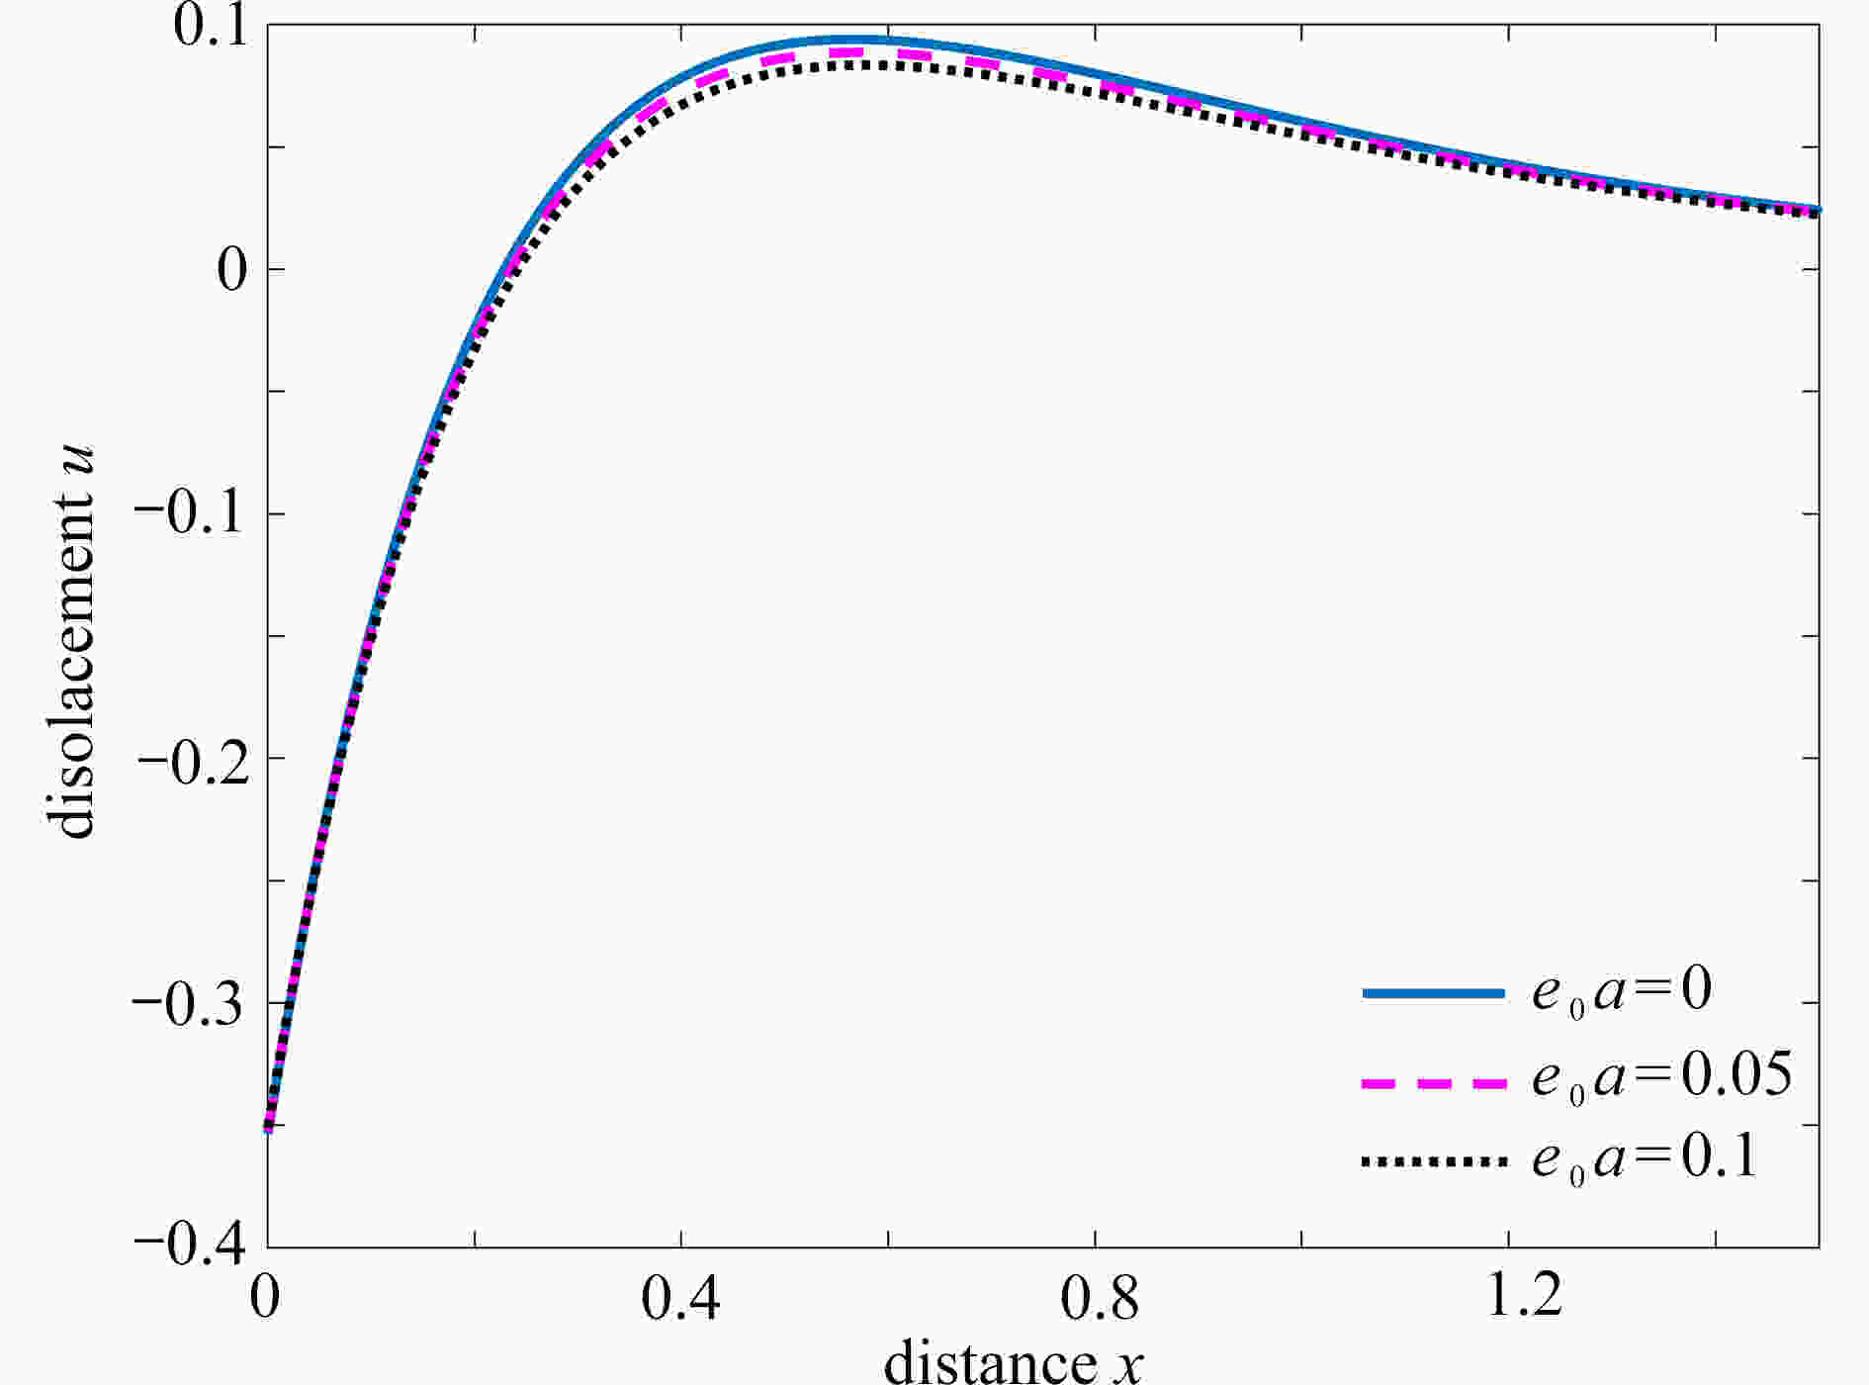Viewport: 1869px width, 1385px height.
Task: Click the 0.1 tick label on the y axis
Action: coord(211,28)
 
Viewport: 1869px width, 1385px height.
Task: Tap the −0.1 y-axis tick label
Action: coord(188,514)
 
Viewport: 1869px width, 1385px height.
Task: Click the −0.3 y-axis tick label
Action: coord(188,1003)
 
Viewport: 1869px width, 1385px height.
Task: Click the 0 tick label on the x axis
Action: coord(264,1296)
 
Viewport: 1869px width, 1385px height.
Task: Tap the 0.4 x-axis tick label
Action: coord(680,1296)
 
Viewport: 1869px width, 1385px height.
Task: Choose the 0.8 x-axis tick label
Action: coord(1098,1296)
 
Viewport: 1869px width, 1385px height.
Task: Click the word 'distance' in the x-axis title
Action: coord(989,1361)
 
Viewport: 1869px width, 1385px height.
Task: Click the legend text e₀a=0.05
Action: coord(1661,1075)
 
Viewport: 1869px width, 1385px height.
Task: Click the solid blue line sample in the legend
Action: coord(1433,992)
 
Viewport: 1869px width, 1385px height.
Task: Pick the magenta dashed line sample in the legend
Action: coord(1433,1083)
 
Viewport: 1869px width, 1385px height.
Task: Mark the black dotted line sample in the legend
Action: coord(1433,1162)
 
